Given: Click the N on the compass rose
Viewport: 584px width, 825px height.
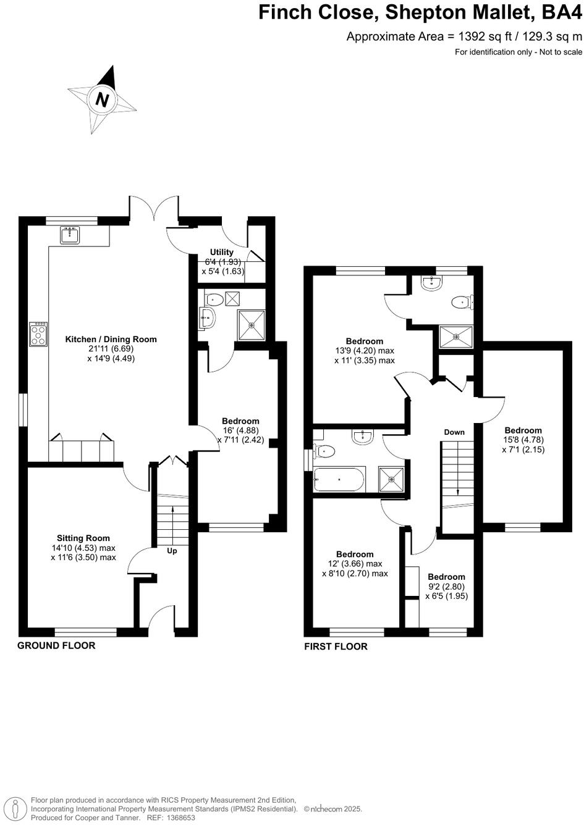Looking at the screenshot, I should pyautogui.click(x=103, y=99).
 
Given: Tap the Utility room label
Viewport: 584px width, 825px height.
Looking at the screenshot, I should pyautogui.click(x=221, y=252).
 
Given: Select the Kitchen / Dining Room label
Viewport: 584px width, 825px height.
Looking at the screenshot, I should pyautogui.click(x=111, y=339).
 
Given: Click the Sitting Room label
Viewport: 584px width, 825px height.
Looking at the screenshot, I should pyautogui.click(x=83, y=538).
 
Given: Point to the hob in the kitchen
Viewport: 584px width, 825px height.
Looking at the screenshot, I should pyautogui.click(x=38, y=334).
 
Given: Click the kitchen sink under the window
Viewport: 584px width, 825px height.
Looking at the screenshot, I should pyautogui.click(x=69, y=235).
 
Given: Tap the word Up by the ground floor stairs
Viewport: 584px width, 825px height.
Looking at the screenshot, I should pyautogui.click(x=172, y=551).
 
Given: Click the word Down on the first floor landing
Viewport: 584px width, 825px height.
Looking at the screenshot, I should pyautogui.click(x=454, y=432).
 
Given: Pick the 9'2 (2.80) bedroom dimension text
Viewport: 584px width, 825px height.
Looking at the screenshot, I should pyautogui.click(x=446, y=587).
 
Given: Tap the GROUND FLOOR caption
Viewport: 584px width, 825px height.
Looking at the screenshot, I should pyautogui.click(x=56, y=645).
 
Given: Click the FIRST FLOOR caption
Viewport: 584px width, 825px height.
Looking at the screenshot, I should pyautogui.click(x=336, y=647).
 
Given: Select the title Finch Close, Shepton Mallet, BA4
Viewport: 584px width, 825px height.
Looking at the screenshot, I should pyautogui.click(x=420, y=12).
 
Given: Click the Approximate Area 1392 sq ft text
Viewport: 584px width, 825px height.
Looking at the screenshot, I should pyautogui.click(x=463, y=36).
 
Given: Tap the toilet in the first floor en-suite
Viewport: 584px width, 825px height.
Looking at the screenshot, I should pyautogui.click(x=460, y=302).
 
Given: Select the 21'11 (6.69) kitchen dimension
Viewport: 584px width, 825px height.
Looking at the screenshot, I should pyautogui.click(x=111, y=349).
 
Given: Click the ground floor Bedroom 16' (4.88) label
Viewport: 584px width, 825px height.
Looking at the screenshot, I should pyautogui.click(x=240, y=421).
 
